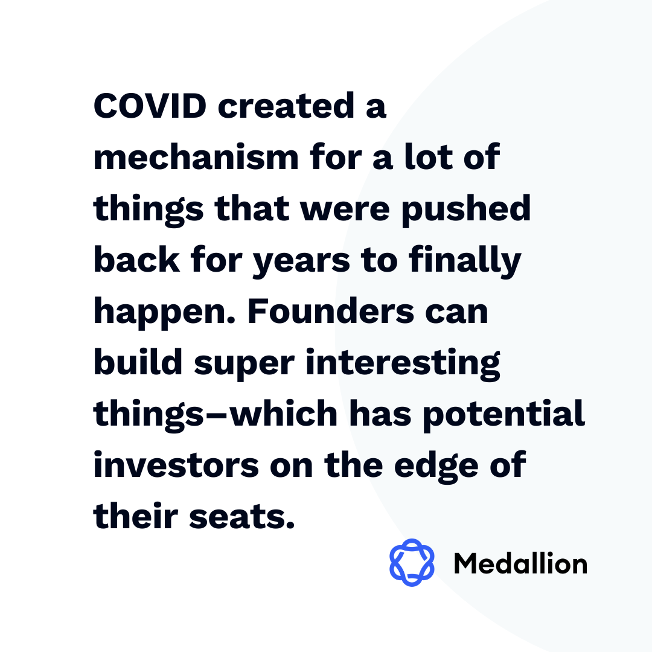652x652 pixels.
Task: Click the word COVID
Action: tap(150, 106)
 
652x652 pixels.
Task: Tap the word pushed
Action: tap(466, 209)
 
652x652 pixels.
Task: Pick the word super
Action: tap(244, 364)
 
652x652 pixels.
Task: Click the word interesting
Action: tap(403, 363)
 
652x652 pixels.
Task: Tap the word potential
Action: tap(504, 415)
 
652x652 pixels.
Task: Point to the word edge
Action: tap(436, 466)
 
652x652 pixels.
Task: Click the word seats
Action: tap(242, 517)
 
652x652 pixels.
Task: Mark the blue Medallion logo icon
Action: tap(412, 563)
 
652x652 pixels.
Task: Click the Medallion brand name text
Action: tap(520, 563)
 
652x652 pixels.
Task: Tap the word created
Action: tap(286, 106)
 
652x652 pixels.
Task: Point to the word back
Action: tap(136, 259)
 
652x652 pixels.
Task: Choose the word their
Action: tap(136, 516)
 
